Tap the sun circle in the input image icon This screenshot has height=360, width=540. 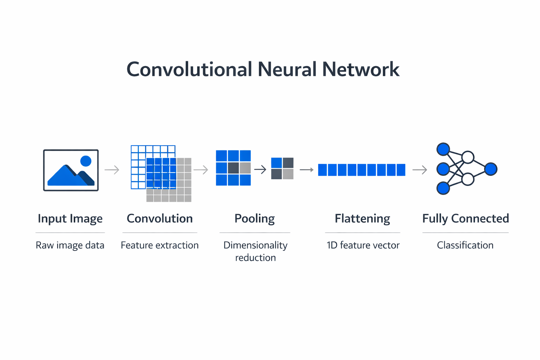click(86, 161)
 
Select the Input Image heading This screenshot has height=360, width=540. click(70, 218)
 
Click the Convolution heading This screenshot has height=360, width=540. click(160, 218)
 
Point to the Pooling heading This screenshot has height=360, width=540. click(255, 218)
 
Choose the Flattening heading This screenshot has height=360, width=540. click(362, 218)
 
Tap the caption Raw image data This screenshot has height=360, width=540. click(70, 245)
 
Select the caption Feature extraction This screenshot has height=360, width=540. click(160, 245)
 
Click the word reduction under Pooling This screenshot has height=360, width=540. click(255, 258)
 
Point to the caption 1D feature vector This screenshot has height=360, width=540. click(363, 245)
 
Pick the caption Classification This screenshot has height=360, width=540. click(465, 245)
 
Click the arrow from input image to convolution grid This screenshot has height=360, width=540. click(112, 170)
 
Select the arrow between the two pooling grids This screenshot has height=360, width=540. click(260, 170)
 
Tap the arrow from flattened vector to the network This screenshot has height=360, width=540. click(420, 170)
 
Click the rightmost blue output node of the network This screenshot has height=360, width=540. click(490, 169)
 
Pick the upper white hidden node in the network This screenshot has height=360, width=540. click(468, 157)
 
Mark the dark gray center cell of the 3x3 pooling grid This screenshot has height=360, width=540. click(233, 168)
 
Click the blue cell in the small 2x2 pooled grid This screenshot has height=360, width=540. click(277, 163)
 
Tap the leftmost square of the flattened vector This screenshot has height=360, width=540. click(322, 170)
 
